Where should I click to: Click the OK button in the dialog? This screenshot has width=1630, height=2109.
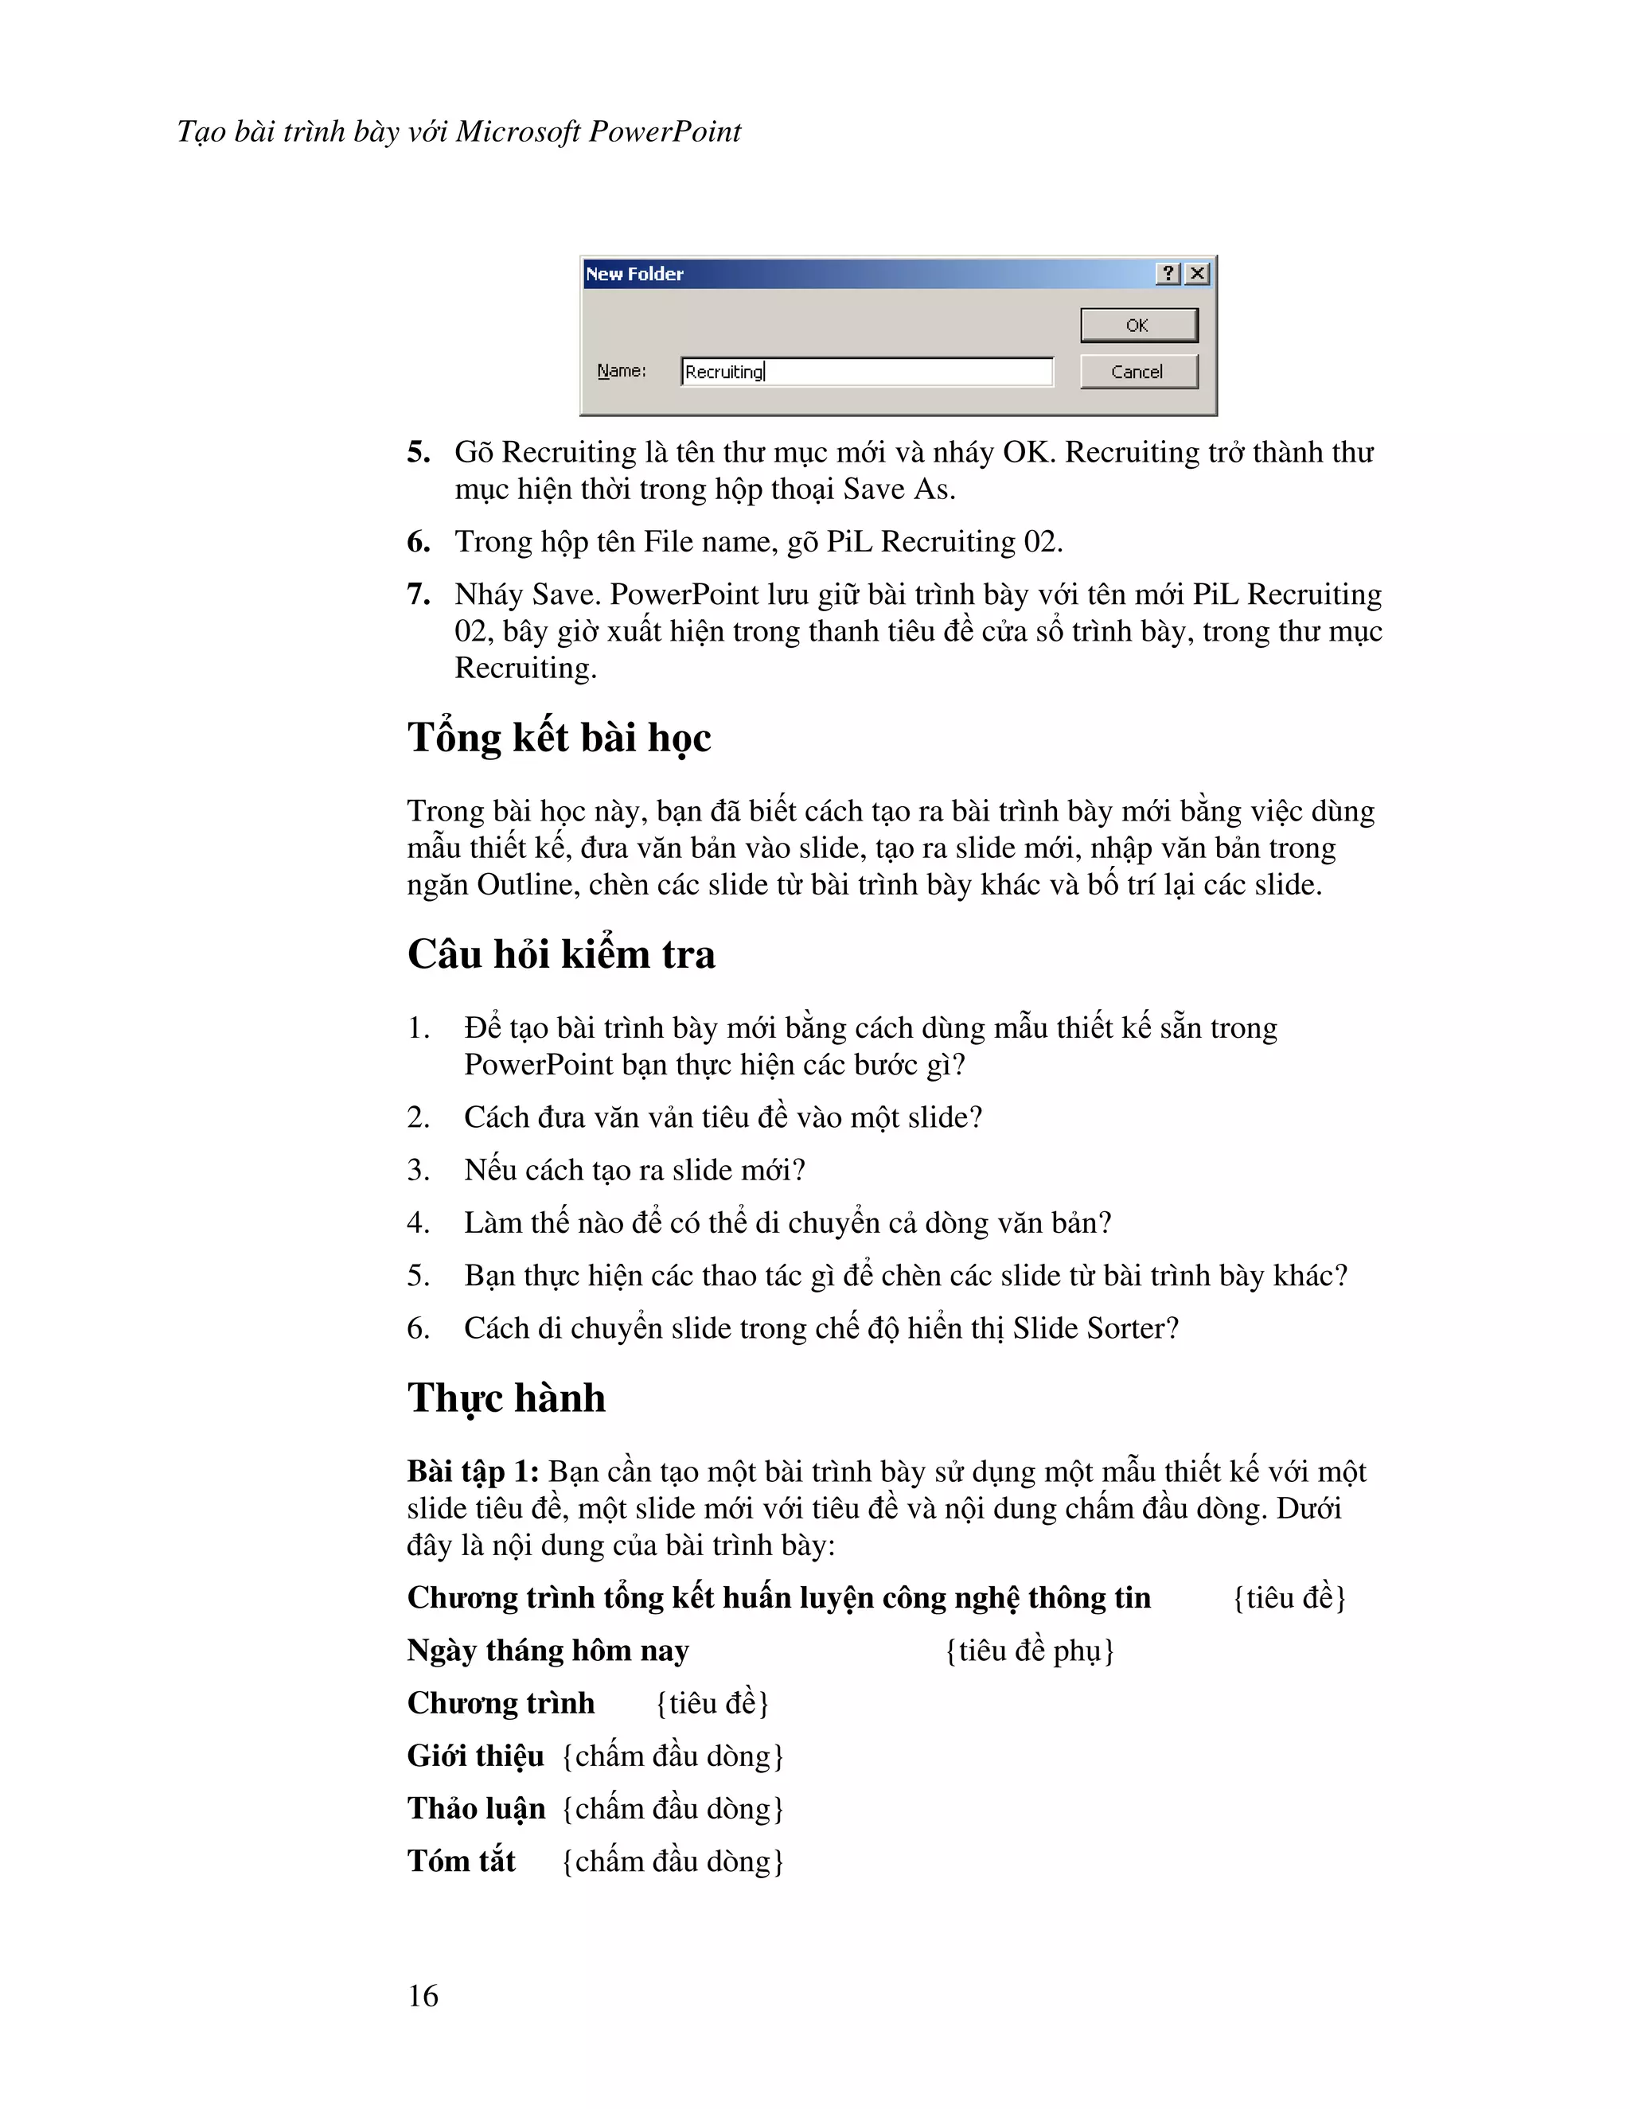[1137, 326]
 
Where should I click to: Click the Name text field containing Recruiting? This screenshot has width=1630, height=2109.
[866, 372]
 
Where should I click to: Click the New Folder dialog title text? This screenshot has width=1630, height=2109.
[634, 275]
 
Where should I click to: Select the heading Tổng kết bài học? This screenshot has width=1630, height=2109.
[559, 738]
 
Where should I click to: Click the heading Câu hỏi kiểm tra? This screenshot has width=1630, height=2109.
[561, 954]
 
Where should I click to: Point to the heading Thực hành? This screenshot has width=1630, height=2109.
[506, 1398]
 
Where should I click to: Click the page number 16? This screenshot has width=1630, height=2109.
[423, 1996]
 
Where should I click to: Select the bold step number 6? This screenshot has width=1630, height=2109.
[418, 542]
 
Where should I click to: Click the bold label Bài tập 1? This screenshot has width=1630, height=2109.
[472, 1472]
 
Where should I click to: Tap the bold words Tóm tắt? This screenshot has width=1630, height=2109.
[462, 1861]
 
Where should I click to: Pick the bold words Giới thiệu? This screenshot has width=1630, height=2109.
[475, 1756]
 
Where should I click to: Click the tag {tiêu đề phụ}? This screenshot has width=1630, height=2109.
[1029, 1651]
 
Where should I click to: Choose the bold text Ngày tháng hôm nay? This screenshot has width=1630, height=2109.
[548, 1651]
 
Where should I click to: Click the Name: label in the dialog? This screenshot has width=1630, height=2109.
[621, 371]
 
